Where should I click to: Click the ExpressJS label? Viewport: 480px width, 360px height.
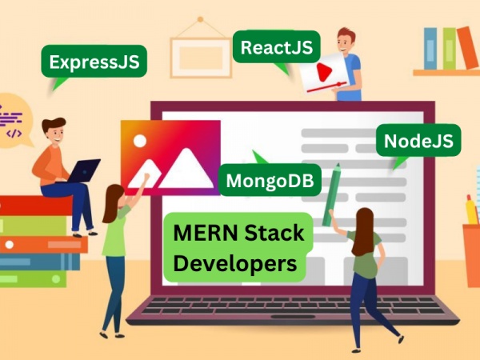[94, 62]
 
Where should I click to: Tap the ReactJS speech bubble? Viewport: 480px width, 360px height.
[277, 47]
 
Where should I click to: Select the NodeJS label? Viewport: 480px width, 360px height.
[418, 141]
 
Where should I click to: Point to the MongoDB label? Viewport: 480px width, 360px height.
[270, 180]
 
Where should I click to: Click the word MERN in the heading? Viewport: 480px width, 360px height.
[206, 233]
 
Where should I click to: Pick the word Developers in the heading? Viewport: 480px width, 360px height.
[235, 264]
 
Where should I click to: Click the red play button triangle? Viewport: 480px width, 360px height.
[324, 73]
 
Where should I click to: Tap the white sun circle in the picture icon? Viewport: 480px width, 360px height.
[140, 141]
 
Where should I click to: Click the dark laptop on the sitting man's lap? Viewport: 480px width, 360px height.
[82, 171]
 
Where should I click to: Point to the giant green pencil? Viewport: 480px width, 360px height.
[331, 194]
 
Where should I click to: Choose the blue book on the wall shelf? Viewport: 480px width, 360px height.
[430, 49]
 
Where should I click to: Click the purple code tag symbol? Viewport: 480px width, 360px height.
[14, 134]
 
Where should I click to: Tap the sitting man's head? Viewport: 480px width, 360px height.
[54, 130]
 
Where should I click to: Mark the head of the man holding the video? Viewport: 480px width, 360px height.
[346, 41]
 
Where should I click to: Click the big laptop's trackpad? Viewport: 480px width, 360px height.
[293, 317]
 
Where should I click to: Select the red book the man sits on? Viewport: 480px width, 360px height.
[36, 206]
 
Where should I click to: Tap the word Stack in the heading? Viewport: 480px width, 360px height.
[274, 233]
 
